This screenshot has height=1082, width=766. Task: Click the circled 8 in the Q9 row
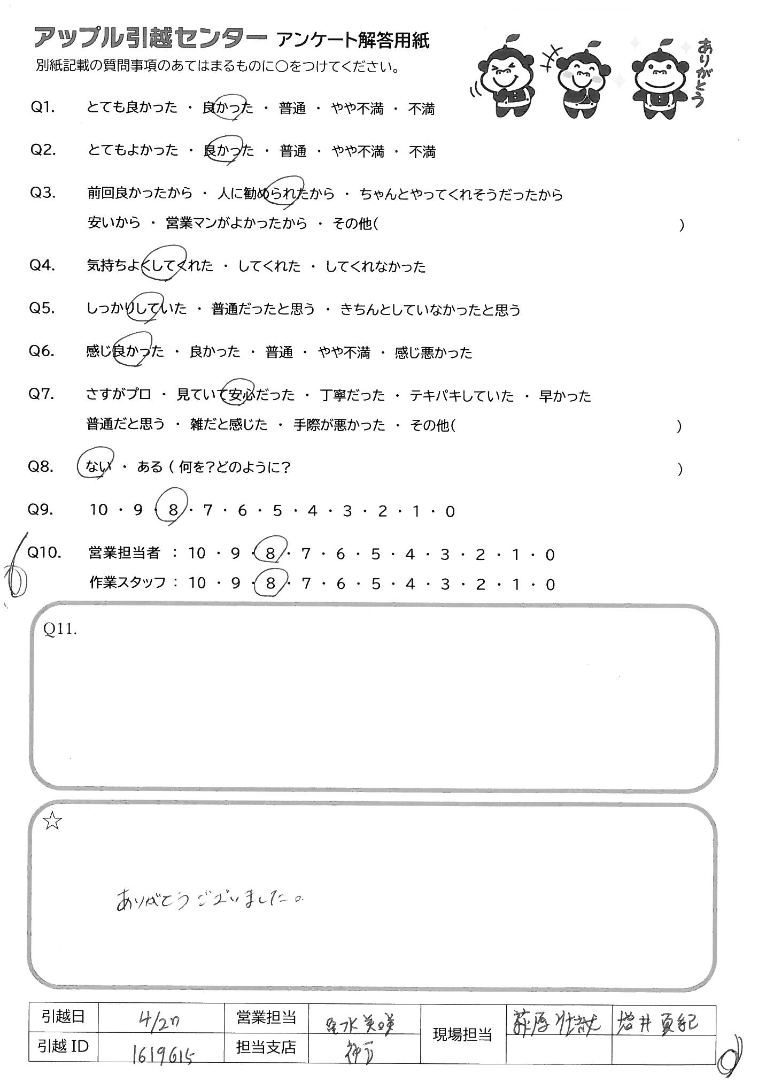click(x=172, y=511)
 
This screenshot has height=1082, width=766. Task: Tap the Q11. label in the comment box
click(x=60, y=630)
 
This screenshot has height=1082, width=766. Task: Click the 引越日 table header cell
click(x=63, y=1017)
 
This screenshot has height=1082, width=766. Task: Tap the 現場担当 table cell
click(x=462, y=1035)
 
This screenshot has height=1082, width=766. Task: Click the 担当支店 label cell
click(x=266, y=1047)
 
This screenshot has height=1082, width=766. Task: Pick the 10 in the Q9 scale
click(x=98, y=510)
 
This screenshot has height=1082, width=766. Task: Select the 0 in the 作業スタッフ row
click(x=550, y=585)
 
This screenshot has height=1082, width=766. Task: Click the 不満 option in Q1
click(x=421, y=109)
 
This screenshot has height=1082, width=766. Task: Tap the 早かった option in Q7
click(x=564, y=396)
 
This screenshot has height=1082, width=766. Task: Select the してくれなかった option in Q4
click(x=375, y=266)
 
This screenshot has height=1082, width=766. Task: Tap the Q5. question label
click(x=42, y=309)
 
